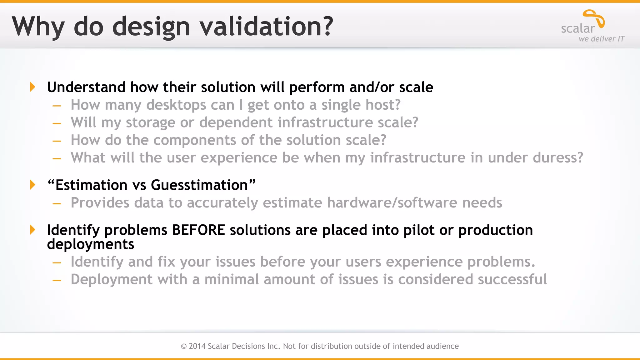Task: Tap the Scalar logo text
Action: tap(578, 28)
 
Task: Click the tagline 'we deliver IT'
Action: tap(601, 39)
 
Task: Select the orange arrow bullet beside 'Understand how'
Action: tap(32, 87)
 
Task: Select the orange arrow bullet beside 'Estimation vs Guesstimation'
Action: tap(32, 185)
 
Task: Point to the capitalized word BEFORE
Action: tap(198, 230)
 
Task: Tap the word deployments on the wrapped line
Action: tap(90, 244)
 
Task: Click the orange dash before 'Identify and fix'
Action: tap(57, 263)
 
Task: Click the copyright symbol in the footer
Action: tap(184, 346)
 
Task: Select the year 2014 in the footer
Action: tap(197, 346)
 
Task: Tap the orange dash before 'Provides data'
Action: tap(57, 204)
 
